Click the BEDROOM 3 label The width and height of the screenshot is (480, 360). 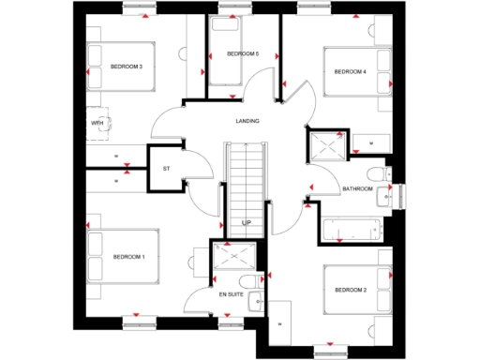coord(127,67)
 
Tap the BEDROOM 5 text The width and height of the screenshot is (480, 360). coord(243,54)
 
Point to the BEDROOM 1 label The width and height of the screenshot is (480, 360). coord(128,257)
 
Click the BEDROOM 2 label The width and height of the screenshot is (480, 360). coord(350,289)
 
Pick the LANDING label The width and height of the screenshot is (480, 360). coord(247,121)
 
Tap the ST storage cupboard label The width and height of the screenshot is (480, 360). coord(166,169)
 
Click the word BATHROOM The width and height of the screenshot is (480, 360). coord(357,189)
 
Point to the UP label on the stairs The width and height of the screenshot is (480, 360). coord(247,222)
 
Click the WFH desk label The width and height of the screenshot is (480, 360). coord(97,123)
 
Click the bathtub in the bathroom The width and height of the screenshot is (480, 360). coord(352,228)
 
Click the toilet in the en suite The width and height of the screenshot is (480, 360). coord(247,282)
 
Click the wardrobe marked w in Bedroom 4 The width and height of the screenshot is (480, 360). coord(371,142)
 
